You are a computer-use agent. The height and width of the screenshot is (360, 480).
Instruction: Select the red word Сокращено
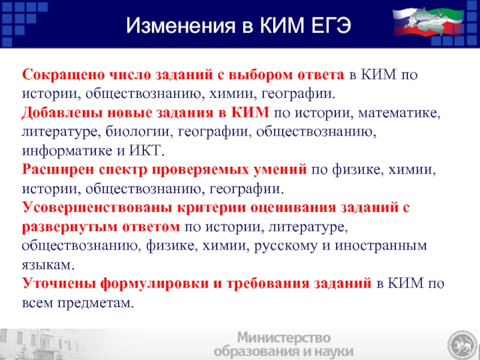point(64,74)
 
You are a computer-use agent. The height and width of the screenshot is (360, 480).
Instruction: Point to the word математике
point(399,113)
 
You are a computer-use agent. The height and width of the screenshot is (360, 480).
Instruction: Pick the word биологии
point(137,132)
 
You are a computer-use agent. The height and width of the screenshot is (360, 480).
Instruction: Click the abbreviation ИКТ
point(147,151)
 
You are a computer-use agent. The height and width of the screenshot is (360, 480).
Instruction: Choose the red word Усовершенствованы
point(97,208)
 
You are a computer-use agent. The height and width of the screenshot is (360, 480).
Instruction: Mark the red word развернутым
point(70,227)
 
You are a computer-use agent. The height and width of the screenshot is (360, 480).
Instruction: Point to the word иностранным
point(380,245)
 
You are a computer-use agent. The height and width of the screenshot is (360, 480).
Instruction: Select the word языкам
point(48,265)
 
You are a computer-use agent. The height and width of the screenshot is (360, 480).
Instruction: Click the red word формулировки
point(155,284)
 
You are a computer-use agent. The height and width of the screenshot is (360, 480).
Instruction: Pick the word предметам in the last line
point(95,303)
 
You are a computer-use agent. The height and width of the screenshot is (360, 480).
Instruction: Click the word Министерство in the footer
point(284,338)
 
